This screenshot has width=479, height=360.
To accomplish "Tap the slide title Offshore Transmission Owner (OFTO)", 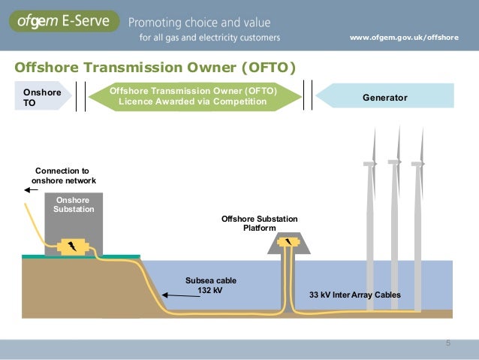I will [x=155, y=68].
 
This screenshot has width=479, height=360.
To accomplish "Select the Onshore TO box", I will [x=43, y=97].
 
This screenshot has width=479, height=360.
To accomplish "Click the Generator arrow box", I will [x=384, y=97].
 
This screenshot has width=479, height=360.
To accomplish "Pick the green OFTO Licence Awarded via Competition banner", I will [x=193, y=97].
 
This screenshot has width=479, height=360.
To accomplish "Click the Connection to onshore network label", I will [x=64, y=176].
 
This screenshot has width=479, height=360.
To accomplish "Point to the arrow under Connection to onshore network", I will [x=31, y=190].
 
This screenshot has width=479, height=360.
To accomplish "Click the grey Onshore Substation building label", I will [x=74, y=204].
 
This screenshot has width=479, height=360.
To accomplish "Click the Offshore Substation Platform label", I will [x=259, y=223].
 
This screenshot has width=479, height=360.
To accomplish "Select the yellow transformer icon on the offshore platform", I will [x=289, y=242].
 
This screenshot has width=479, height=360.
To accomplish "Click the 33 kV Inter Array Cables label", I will [x=355, y=295].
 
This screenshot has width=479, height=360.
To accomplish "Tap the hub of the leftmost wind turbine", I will [x=370, y=163].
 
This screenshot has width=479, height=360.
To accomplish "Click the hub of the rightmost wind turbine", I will [x=417, y=163].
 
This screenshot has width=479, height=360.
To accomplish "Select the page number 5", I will [x=448, y=343].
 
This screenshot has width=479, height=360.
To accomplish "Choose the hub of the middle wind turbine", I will [x=394, y=162].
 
